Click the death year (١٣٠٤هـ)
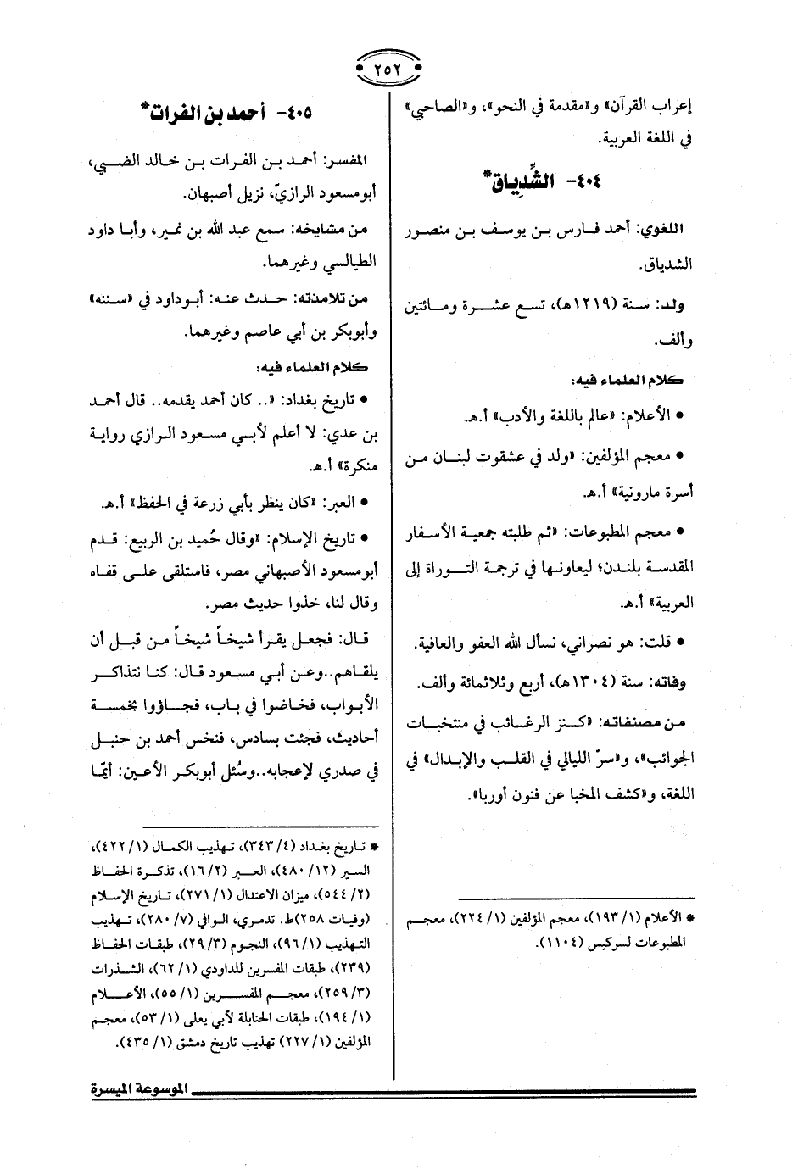point(574,680)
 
